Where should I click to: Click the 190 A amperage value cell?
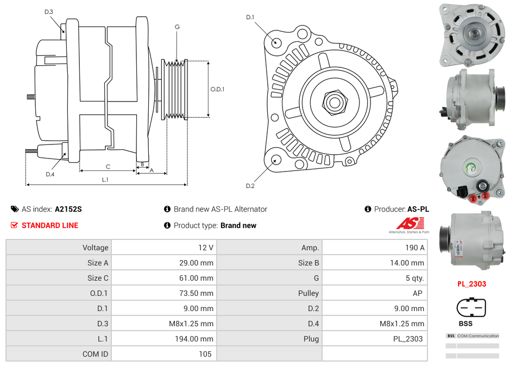coord(415,248)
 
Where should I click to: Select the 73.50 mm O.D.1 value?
coord(198,293)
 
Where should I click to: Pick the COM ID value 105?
coord(205,354)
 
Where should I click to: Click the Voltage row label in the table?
coord(95,248)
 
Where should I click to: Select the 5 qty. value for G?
coord(414,278)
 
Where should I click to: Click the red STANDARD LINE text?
coord(49,225)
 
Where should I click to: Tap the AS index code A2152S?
coord(68,209)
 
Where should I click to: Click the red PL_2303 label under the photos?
coord(471,283)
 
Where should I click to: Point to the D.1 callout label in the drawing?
coord(250,17)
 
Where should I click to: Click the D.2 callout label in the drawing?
coord(250,186)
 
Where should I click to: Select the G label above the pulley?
coord(177,27)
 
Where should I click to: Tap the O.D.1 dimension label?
coord(217,90)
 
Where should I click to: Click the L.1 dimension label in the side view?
coord(105,179)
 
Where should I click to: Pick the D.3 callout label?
coord(49,11)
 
